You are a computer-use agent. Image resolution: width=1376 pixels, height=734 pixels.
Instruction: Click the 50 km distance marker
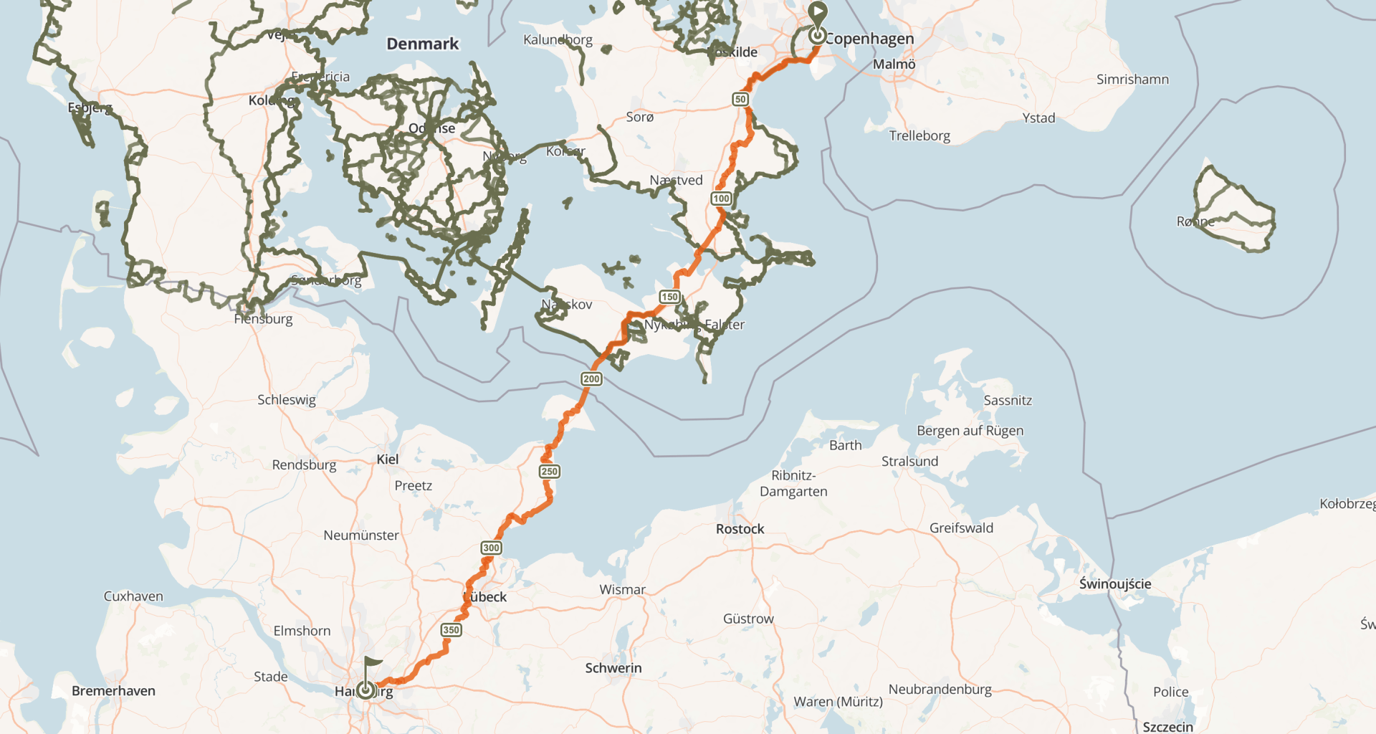pyautogui.click(x=740, y=99)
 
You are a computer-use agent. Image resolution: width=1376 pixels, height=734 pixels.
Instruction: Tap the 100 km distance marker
pyautogui.click(x=721, y=199)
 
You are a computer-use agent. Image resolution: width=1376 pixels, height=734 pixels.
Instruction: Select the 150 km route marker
pyautogui.click(x=669, y=297)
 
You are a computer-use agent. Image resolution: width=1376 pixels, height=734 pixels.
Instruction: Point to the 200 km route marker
pyautogui.click(x=591, y=378)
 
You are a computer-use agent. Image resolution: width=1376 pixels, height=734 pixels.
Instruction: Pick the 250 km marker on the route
pyautogui.click(x=550, y=471)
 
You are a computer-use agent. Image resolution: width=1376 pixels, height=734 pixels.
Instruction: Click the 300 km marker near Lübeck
pyautogui.click(x=491, y=548)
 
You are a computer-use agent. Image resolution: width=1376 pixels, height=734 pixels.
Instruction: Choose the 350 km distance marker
pyautogui.click(x=451, y=630)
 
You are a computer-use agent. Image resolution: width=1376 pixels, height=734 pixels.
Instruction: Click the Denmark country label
pyautogui.click(x=422, y=44)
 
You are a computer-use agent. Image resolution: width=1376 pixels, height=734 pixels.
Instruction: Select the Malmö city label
pyautogui.click(x=894, y=65)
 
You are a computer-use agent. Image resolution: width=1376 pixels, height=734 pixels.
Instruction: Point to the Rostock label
pyautogui.click(x=740, y=529)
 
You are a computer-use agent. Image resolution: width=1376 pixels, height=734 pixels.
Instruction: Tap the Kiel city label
pyautogui.click(x=387, y=459)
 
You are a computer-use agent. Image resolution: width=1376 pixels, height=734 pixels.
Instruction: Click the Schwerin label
pyautogui.click(x=613, y=668)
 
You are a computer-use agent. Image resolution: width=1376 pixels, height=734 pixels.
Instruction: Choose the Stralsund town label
pyautogui.click(x=909, y=461)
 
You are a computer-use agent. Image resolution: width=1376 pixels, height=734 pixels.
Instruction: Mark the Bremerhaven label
pyautogui.click(x=113, y=691)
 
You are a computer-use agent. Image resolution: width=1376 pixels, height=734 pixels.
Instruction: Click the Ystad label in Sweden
pyautogui.click(x=1038, y=118)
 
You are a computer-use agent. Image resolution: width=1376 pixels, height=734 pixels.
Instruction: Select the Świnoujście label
pyautogui.click(x=1115, y=583)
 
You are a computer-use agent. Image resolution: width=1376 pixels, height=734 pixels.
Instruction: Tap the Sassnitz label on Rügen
pyautogui.click(x=1007, y=401)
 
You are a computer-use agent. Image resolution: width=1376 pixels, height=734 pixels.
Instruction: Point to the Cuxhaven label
pyautogui.click(x=133, y=596)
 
